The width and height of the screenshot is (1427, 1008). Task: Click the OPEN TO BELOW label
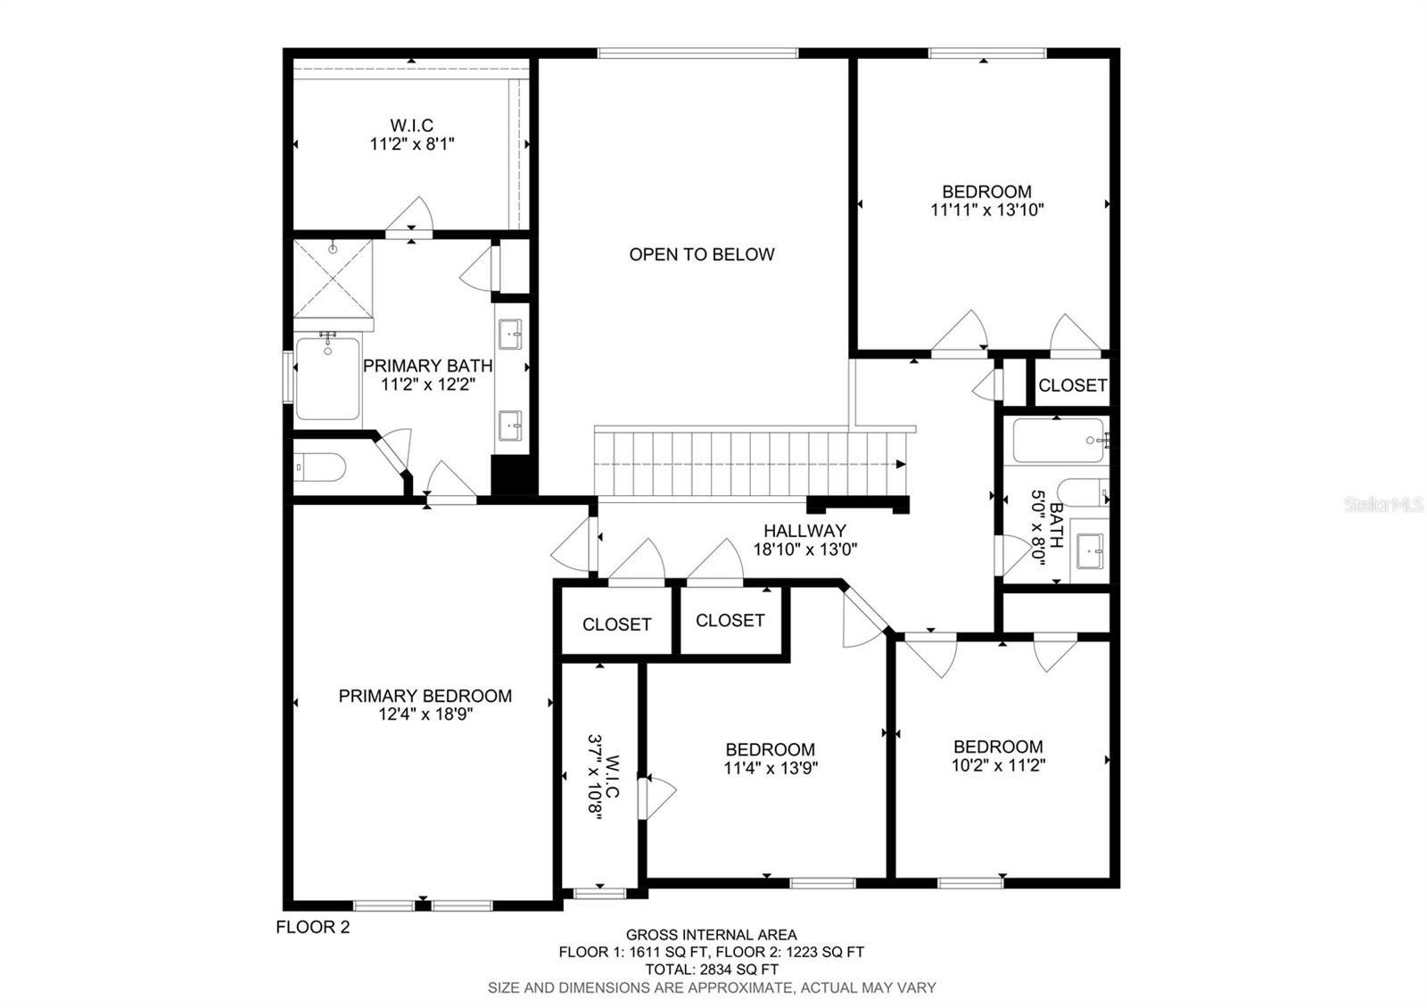tap(701, 254)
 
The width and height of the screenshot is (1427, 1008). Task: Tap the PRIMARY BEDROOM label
tap(425, 696)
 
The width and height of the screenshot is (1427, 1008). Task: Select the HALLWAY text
tap(804, 530)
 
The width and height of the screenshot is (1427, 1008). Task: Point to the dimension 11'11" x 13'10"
tap(986, 210)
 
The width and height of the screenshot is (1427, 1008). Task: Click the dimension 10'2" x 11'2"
tap(998, 764)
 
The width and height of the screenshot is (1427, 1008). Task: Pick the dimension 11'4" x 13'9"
tap(771, 768)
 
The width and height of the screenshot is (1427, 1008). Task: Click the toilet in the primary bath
tap(320, 467)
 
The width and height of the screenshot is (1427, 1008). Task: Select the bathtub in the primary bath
tap(327, 378)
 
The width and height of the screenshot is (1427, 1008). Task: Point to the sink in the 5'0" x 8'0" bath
tap(1090, 551)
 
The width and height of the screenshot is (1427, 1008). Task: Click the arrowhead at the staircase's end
tap(901, 464)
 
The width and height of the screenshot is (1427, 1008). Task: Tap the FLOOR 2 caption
tap(313, 927)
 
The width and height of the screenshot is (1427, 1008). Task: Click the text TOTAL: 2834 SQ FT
tap(712, 970)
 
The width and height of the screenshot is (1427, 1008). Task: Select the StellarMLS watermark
tap(1383, 505)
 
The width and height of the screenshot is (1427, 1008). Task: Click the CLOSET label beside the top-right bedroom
tap(1073, 384)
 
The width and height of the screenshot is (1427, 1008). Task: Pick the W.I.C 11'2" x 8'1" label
tap(412, 135)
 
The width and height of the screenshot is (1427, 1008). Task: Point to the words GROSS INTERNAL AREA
tap(711, 935)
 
